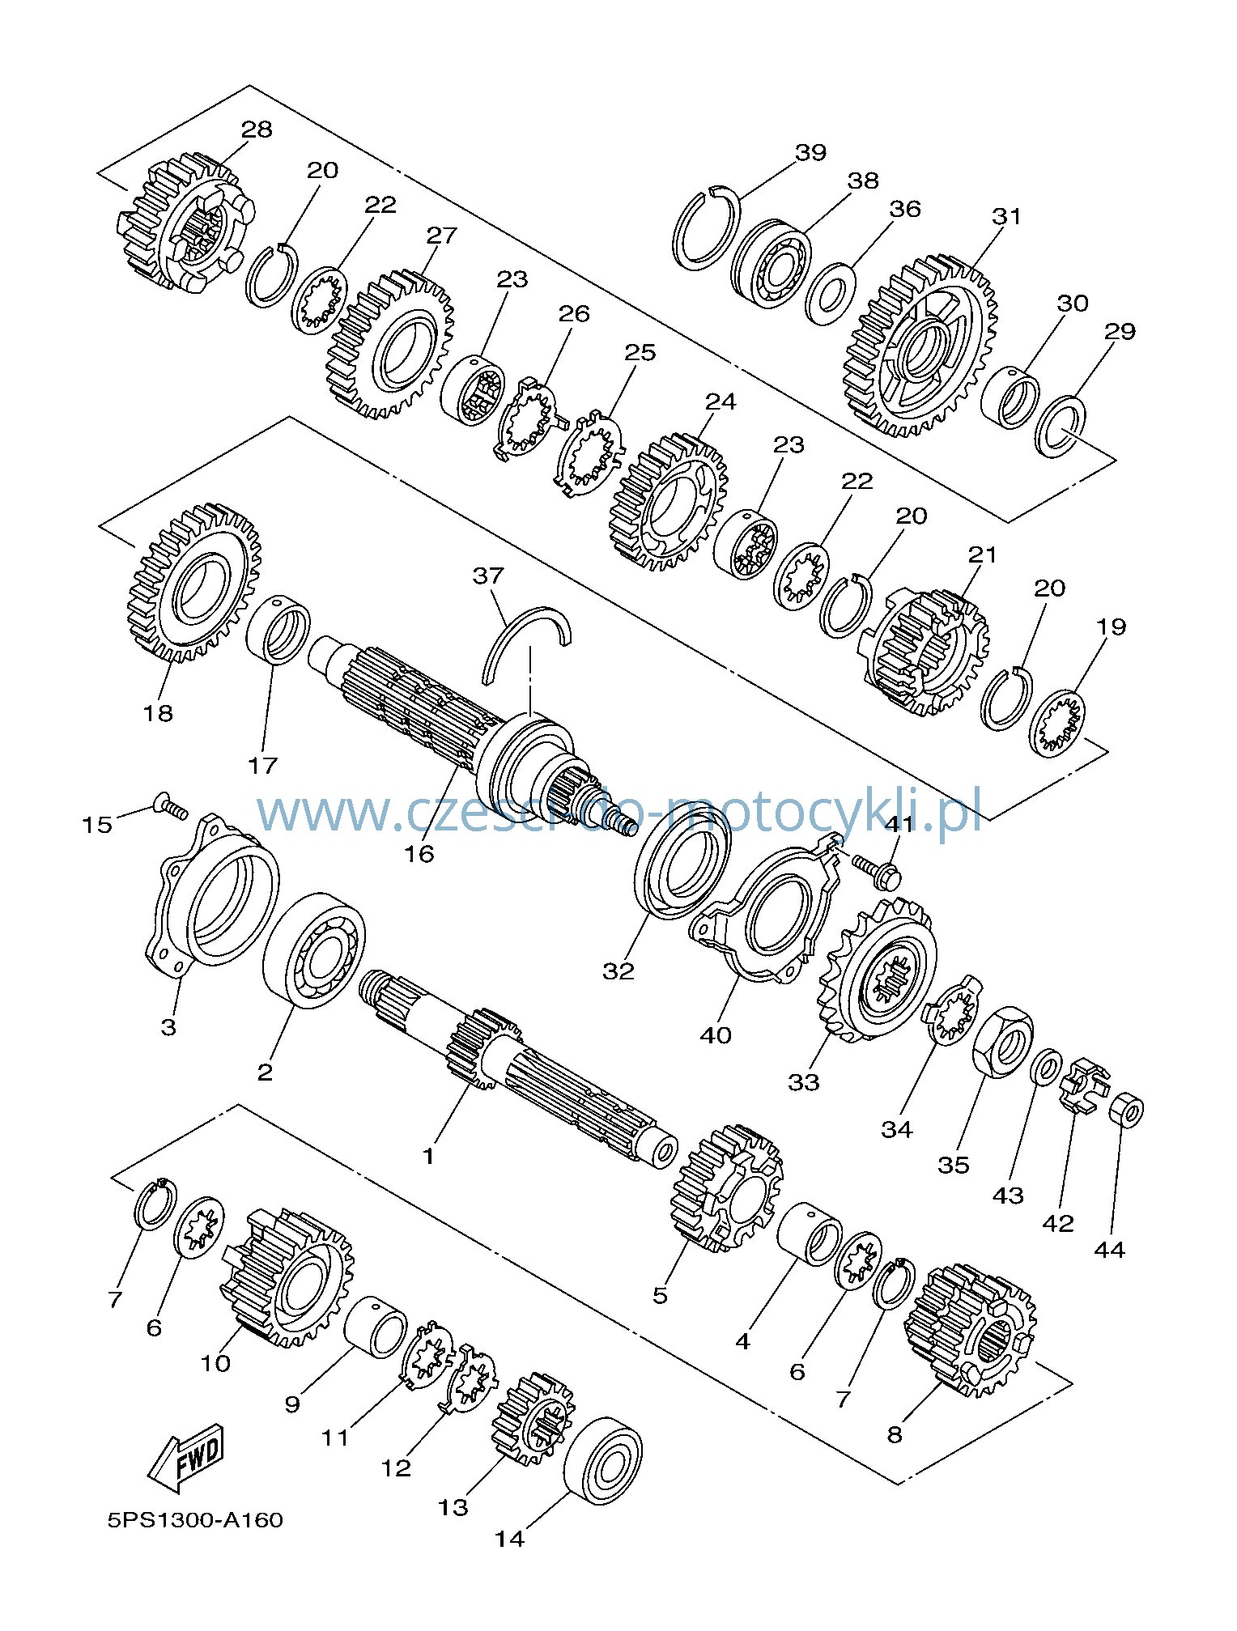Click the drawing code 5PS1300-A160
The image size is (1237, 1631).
[x=195, y=1519]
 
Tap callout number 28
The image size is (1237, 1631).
[x=257, y=129]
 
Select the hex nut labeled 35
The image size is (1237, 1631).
[x=1003, y=1042]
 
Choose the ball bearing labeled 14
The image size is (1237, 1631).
[x=603, y=1460]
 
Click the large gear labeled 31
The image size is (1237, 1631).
[x=920, y=347]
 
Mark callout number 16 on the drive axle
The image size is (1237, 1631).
[x=420, y=852]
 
